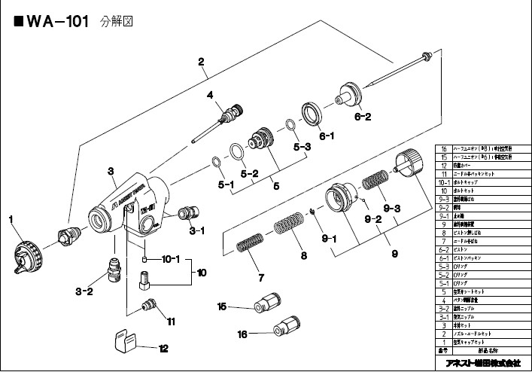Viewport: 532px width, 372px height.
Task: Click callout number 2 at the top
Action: [202, 63]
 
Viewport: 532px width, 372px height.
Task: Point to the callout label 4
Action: [211, 95]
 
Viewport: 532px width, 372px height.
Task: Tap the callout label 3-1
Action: [197, 230]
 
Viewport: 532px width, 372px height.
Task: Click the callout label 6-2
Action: [363, 117]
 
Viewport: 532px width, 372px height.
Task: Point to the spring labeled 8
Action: [287, 228]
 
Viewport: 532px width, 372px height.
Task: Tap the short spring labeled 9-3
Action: [375, 182]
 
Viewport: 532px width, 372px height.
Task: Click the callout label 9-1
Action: [329, 239]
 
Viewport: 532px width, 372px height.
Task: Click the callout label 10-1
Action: [170, 260]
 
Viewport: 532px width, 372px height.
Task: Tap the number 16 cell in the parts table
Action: [444, 150]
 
